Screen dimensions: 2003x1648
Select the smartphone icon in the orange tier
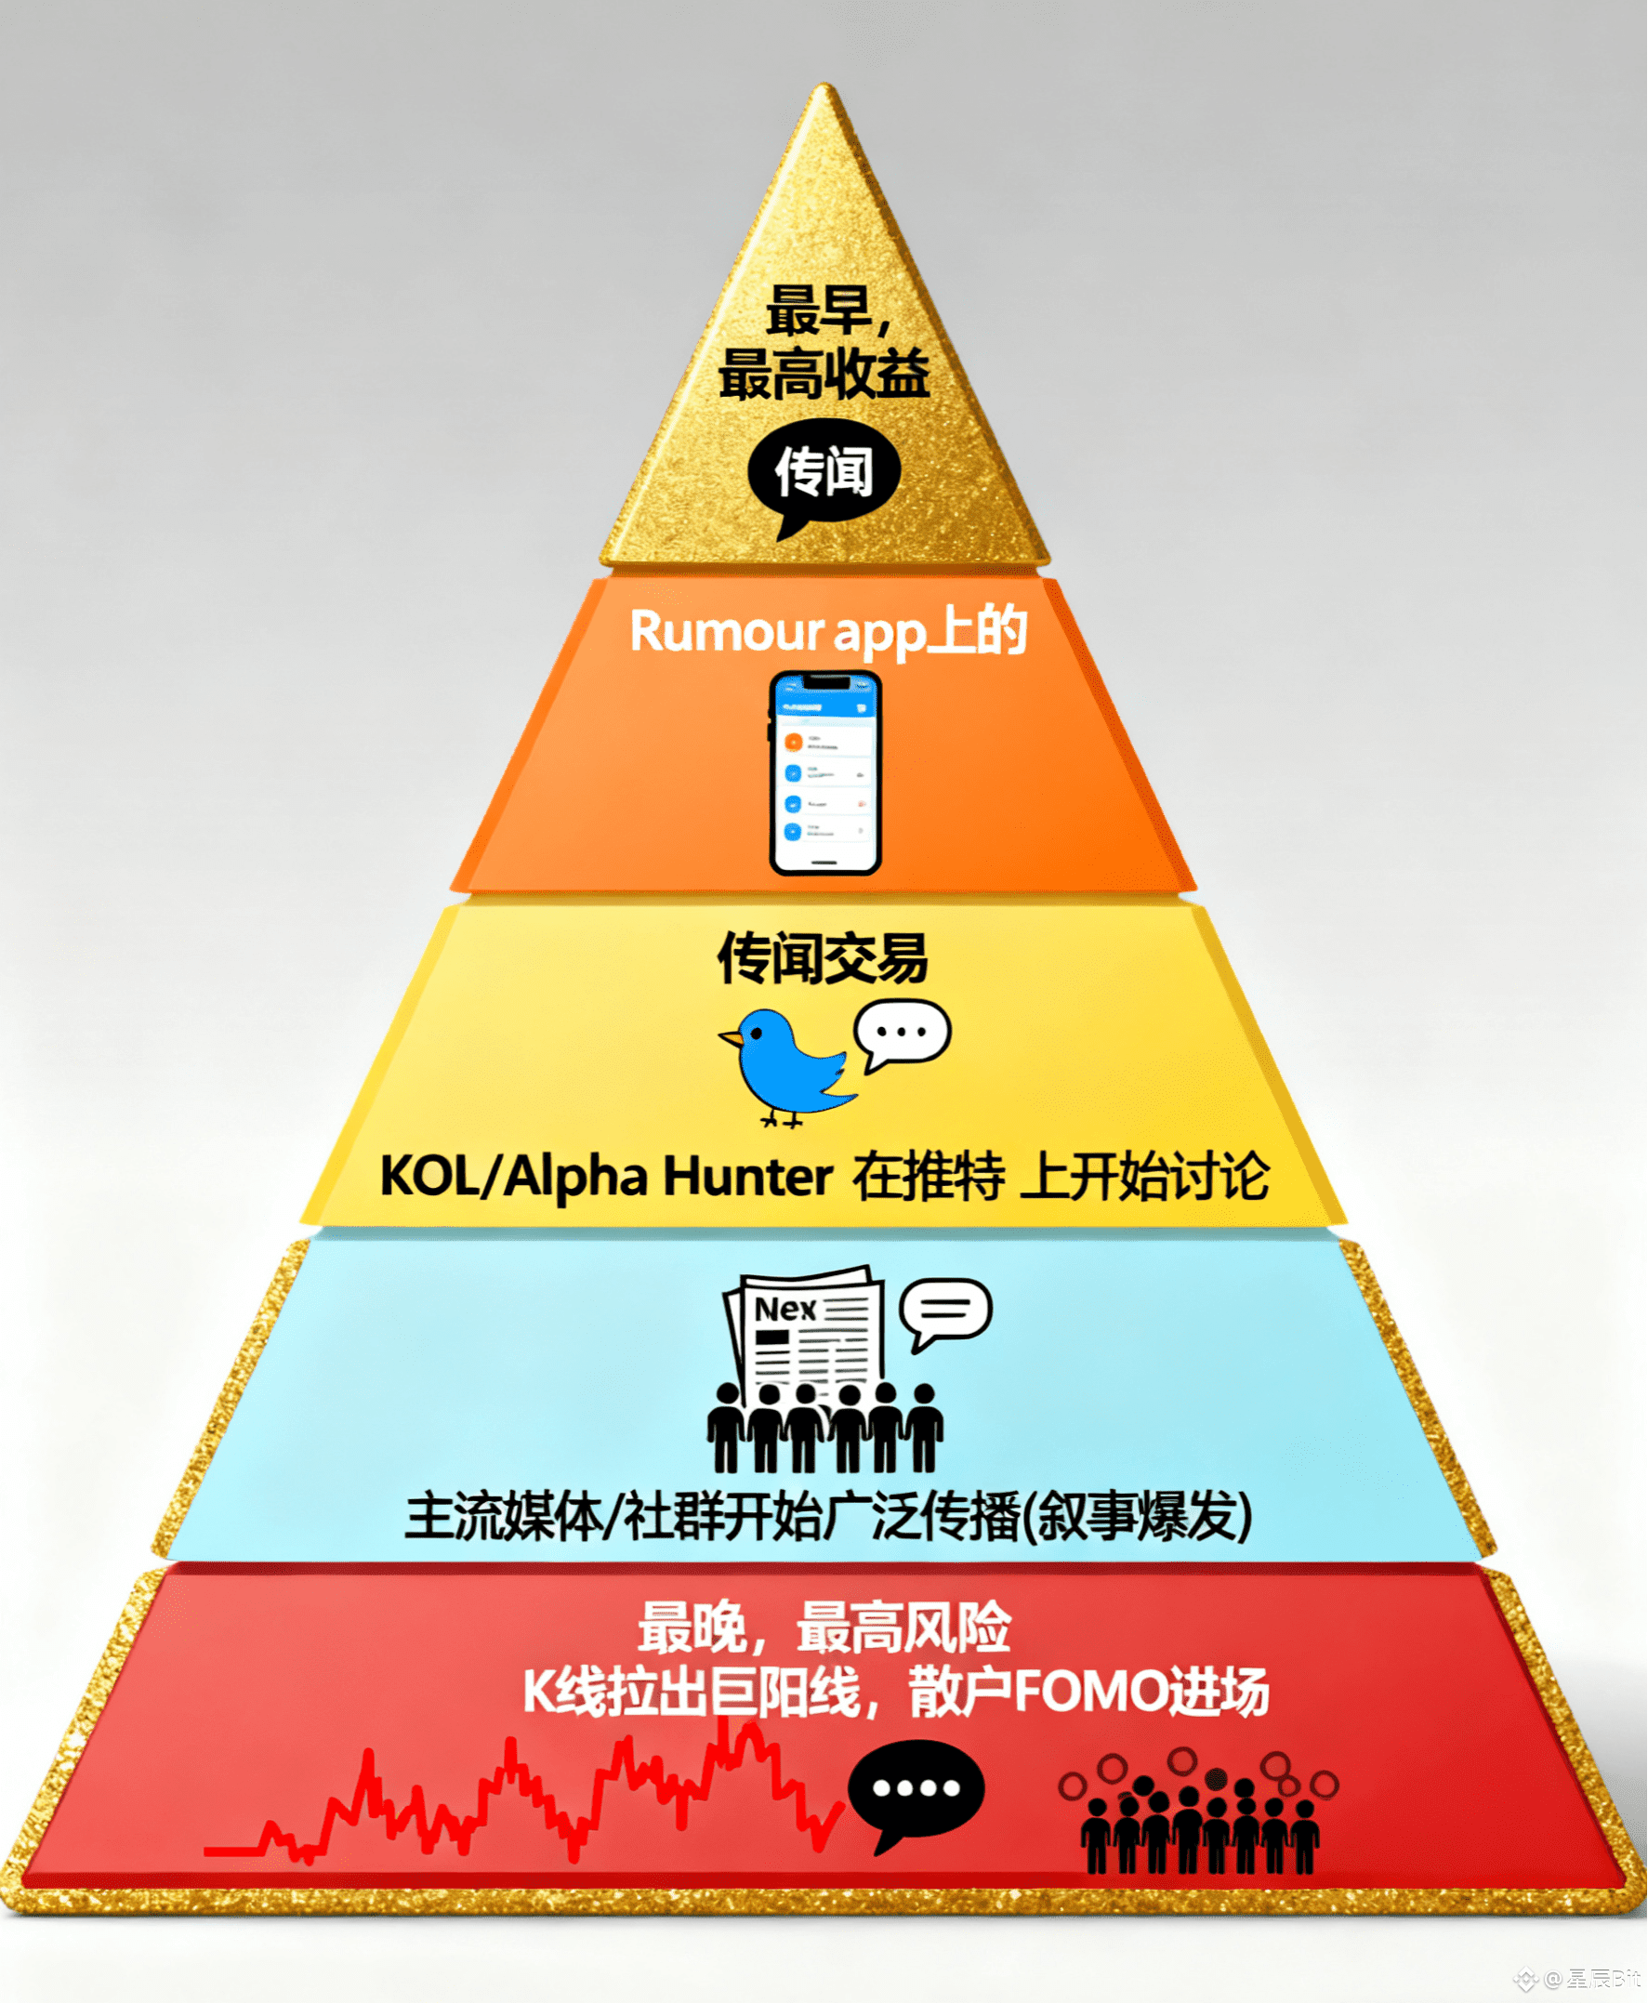point(824,771)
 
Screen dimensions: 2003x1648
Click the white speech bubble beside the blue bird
point(901,1033)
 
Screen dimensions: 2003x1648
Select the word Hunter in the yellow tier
point(747,1176)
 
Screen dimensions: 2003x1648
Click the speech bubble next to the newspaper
point(944,1311)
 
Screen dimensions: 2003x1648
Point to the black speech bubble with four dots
point(916,1790)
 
